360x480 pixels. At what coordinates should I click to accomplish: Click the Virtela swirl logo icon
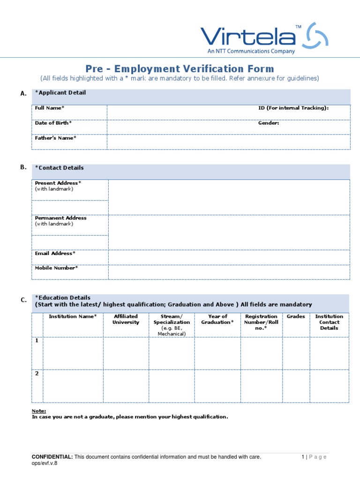(317, 36)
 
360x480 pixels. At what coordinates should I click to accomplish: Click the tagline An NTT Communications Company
(251, 51)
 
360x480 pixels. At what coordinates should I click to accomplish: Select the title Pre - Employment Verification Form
(180, 69)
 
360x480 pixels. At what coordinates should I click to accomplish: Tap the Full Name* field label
(50, 108)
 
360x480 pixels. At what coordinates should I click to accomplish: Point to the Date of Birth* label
(53, 123)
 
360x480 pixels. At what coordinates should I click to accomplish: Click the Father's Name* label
(55, 138)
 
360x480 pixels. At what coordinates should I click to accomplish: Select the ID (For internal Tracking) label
(293, 108)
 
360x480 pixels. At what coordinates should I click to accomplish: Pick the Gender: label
(269, 123)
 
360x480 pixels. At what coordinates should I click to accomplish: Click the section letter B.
(23, 167)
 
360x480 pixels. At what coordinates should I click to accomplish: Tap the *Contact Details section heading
(60, 167)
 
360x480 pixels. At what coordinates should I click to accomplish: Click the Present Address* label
(58, 183)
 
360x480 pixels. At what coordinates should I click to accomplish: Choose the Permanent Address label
(60, 218)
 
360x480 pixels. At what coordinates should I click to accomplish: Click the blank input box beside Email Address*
(229, 257)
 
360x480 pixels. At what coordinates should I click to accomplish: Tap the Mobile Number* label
(56, 268)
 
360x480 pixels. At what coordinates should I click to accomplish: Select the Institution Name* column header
(73, 316)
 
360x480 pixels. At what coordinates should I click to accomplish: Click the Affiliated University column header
(126, 319)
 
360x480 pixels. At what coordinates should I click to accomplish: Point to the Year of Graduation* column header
(217, 319)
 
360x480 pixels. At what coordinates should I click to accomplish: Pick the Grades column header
(296, 316)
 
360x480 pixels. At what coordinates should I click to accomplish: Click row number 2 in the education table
(37, 373)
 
